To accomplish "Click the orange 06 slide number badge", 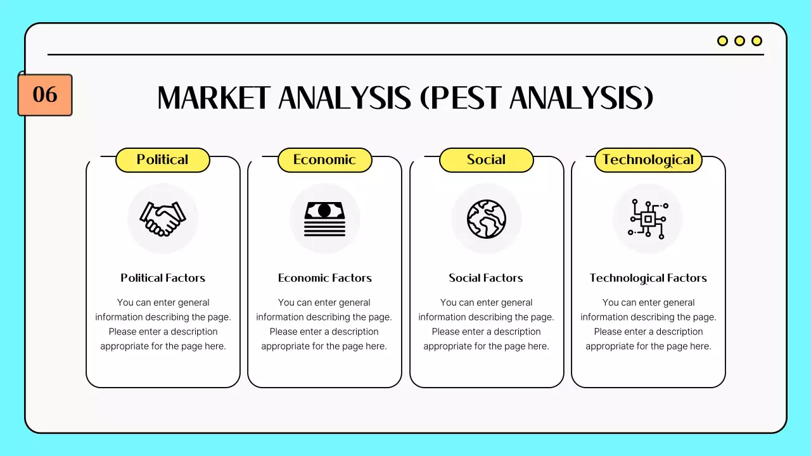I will tap(45, 95).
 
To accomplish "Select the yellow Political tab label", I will tap(162, 160).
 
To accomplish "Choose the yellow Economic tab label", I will tap(324, 160).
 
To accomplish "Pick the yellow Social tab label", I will tap(486, 160).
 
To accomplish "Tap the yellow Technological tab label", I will tap(648, 160).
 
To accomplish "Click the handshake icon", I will tap(163, 218).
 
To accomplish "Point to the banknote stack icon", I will tap(324, 218).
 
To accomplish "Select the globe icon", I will tap(487, 218).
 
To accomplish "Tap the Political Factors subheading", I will tap(163, 278).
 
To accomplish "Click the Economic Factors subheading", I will tap(324, 278).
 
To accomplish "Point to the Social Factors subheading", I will tap(486, 278).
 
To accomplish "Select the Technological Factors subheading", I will tap(648, 278).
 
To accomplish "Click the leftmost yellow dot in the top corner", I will tap(722, 41).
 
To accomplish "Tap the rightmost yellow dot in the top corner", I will tap(757, 41).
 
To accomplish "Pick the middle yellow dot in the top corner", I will tap(739, 41).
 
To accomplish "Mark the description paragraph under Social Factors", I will tap(486, 324).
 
